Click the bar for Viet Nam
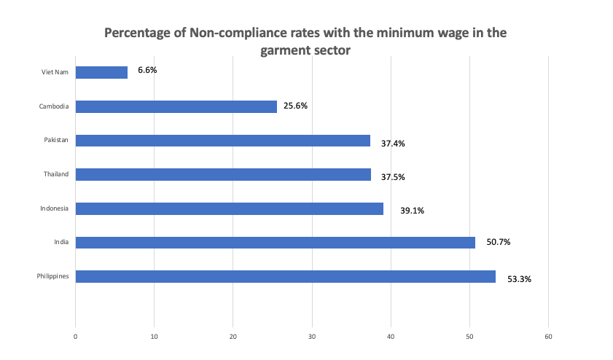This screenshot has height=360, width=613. [101, 72]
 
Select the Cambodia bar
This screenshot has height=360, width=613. [176, 106]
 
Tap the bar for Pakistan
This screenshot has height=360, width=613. [222, 141]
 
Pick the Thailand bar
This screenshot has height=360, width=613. [223, 175]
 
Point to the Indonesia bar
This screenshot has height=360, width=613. [229, 208]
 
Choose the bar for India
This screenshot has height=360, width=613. [275, 243]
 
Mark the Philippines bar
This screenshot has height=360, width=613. [285, 277]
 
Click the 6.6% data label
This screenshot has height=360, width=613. [148, 71]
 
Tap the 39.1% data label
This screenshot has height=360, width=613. [412, 211]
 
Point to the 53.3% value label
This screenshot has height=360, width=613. [519, 278]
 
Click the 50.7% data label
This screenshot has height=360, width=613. [498, 242]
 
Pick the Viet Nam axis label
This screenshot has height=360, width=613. [55, 72]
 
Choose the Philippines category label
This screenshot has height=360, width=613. [52, 277]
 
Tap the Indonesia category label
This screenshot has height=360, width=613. [54, 208]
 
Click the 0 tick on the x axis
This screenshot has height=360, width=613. [75, 336]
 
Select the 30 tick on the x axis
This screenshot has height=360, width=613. [312, 336]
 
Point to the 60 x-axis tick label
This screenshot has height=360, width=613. [548, 336]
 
